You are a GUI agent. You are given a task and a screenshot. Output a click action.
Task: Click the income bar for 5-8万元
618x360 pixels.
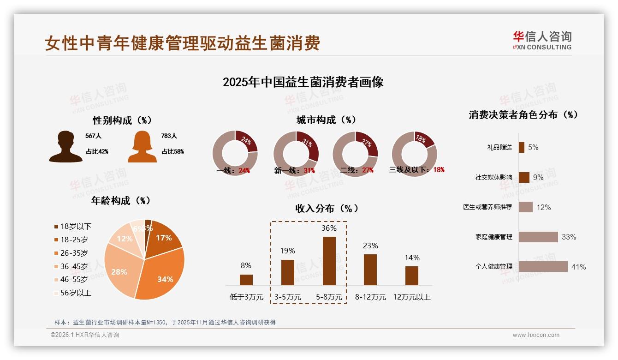click(x=329, y=261)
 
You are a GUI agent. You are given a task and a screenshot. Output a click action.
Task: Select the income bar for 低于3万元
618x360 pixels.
click(x=246, y=280)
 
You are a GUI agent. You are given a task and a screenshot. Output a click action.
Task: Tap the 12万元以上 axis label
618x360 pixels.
click(x=411, y=297)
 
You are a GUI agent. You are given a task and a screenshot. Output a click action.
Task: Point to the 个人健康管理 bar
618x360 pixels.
click(x=543, y=266)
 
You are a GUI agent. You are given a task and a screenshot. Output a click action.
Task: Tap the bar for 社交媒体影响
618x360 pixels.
click(x=524, y=177)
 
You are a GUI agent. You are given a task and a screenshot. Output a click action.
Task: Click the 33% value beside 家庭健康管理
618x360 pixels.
click(x=569, y=237)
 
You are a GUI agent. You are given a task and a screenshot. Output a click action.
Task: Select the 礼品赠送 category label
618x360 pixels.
click(x=499, y=148)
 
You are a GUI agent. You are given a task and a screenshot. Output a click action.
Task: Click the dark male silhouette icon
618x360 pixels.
click(x=65, y=147)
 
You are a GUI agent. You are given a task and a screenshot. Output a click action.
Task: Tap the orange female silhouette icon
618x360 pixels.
click(x=142, y=147)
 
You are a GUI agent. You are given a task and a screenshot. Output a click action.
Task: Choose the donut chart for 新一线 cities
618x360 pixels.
click(x=296, y=153)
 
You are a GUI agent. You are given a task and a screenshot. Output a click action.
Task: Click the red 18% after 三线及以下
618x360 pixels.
click(x=439, y=170)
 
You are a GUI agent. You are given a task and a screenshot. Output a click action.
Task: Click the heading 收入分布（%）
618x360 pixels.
click(x=327, y=209)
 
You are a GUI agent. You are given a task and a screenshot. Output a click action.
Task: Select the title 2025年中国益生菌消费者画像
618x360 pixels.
click(x=303, y=82)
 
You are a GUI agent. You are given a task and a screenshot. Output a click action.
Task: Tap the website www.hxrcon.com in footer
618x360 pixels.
click(x=536, y=335)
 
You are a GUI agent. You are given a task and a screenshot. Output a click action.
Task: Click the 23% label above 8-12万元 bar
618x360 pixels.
click(x=370, y=246)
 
